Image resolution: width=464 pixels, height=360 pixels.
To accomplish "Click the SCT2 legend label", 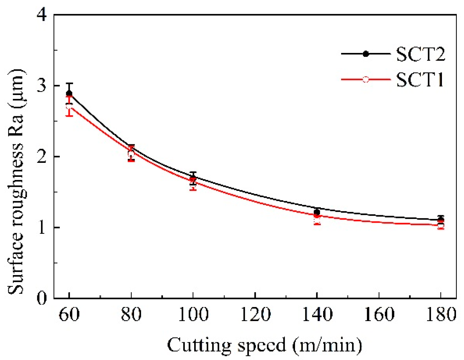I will point(420,54).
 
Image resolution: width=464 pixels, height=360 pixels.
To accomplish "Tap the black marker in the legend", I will point(366,54).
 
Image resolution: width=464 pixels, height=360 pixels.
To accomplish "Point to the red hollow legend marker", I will point(366,79).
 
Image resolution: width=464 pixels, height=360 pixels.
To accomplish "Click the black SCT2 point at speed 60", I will point(69,93).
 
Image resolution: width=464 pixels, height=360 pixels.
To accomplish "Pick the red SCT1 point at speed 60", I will point(69,106).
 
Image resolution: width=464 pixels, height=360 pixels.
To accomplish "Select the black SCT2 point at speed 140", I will point(317,212).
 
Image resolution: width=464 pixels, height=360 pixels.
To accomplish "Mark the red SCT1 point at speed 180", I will point(441,225).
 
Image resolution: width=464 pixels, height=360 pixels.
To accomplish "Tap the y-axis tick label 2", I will point(42,157).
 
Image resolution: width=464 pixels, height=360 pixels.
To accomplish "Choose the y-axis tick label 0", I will point(42,298).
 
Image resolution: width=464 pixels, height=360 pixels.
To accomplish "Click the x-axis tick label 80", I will point(131,314).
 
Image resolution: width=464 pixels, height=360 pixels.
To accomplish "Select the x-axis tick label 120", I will point(255,314).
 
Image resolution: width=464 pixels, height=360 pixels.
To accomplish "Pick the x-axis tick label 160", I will point(379,314).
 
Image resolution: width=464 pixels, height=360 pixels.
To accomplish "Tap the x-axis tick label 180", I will point(441,314).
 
